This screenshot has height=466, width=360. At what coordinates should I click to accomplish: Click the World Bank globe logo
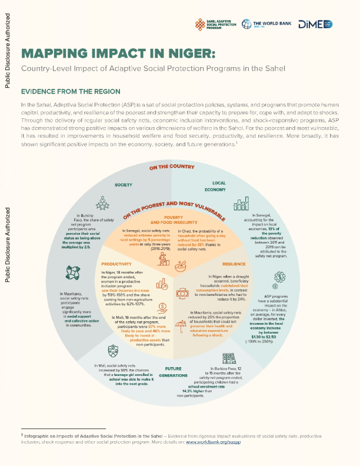pos(256,25)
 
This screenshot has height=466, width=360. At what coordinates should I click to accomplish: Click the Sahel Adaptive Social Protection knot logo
pos(201,24)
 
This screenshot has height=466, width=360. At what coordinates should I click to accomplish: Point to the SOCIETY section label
pos(124,184)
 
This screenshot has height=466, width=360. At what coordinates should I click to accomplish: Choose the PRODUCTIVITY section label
pos(116,264)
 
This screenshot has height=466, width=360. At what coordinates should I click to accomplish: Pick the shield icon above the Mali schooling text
pos(113,352)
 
